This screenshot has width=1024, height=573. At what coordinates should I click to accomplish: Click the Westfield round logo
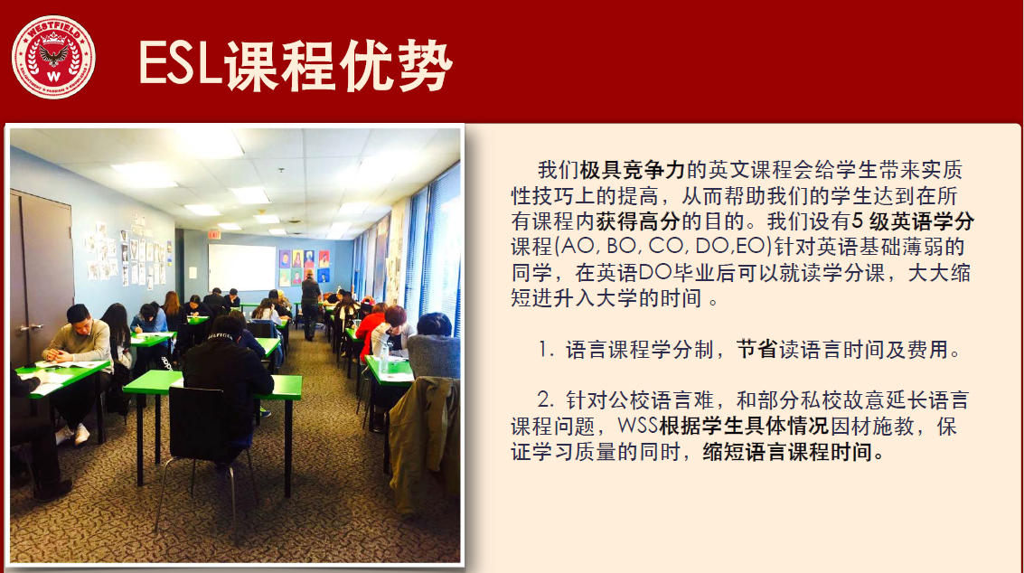[53, 58]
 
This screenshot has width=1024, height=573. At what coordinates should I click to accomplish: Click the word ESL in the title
[180, 64]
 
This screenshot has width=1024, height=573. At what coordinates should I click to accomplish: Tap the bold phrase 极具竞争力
[632, 170]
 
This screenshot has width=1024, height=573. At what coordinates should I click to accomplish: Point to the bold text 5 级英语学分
[912, 221]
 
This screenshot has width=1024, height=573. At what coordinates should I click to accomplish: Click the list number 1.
[546, 350]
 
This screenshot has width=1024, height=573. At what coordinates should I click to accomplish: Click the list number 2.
[546, 399]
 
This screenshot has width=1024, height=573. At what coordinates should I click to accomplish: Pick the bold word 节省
[756, 350]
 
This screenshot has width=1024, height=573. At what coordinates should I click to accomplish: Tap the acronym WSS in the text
[637, 426]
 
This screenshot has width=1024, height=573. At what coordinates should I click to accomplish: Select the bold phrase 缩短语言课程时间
[787, 452]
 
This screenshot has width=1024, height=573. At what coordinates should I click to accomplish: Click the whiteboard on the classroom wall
[241, 267]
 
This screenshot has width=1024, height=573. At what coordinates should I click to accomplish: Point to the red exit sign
[214, 234]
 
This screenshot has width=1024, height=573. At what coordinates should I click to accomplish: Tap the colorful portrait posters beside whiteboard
[305, 267]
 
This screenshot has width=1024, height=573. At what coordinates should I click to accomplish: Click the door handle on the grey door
[32, 327]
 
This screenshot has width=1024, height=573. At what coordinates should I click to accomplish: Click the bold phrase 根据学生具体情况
[744, 426]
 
